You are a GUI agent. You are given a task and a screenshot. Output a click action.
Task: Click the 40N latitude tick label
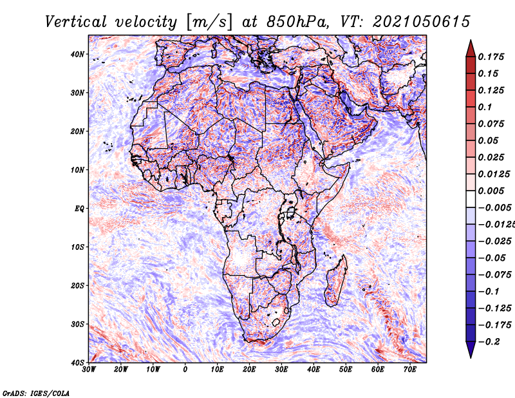[x=77, y=54]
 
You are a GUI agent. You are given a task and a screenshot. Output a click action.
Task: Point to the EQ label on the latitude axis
[x=79, y=209]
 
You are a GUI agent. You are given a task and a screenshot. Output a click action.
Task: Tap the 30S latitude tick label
[x=77, y=325]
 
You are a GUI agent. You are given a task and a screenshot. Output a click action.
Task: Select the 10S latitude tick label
[x=77, y=247]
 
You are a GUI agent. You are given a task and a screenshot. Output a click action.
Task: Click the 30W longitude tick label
[x=89, y=370]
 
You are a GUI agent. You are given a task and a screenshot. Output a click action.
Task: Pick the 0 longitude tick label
[x=185, y=370]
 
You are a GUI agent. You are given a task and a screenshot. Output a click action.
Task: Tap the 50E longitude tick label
[x=346, y=370]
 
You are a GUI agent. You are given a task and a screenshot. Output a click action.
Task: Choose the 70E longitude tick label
[x=410, y=370]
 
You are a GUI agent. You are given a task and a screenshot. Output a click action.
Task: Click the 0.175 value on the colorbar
[x=491, y=57]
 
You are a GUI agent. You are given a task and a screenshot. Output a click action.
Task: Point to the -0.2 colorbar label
[x=489, y=342]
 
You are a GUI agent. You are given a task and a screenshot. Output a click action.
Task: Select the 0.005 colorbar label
[x=491, y=191]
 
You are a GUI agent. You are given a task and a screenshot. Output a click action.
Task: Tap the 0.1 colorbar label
[x=485, y=107]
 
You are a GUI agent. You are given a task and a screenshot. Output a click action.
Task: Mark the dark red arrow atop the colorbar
[x=471, y=48]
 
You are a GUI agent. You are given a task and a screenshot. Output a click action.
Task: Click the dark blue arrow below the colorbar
[x=471, y=350]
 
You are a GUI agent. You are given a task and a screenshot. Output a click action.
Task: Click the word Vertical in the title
[x=76, y=22]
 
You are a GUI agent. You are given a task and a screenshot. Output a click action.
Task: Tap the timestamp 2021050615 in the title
[x=422, y=22]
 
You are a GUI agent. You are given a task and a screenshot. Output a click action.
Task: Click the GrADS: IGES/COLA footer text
[x=36, y=393]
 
